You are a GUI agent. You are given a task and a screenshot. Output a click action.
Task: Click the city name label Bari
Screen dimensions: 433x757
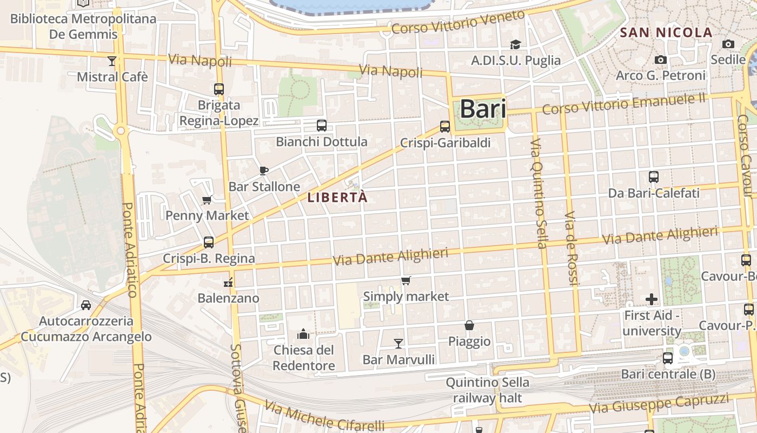coord(483,109)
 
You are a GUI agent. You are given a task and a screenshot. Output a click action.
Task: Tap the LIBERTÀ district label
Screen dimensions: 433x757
coord(337,198)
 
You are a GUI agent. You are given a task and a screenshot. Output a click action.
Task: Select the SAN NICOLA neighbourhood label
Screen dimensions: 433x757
coord(666,32)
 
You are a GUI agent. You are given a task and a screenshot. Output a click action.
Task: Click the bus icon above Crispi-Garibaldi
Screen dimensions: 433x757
coord(445,127)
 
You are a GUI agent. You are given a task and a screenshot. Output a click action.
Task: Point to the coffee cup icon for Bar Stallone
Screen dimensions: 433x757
coord(264,171)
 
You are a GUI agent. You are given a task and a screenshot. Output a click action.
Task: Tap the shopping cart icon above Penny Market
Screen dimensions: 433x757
coord(207,200)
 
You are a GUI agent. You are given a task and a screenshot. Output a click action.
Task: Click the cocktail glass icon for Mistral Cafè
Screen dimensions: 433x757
coord(112,61)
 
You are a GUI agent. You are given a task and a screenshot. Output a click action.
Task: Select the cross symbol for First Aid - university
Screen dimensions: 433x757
coord(652,299)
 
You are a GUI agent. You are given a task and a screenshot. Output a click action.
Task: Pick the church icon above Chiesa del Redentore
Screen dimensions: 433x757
coord(303,334)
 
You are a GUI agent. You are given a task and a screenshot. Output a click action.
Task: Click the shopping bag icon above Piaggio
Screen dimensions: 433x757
coord(469,325)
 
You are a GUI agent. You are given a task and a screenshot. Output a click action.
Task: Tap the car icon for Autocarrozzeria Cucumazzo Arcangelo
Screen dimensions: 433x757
coord(86,305)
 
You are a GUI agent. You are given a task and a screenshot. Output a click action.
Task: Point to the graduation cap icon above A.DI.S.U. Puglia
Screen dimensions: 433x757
coord(515,44)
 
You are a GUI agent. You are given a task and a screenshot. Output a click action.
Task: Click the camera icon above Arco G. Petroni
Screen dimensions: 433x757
coord(660,60)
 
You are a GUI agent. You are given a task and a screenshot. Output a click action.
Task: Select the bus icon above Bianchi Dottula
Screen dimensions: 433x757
coord(322,126)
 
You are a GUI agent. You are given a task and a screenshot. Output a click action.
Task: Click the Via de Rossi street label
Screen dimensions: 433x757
coord(571,248)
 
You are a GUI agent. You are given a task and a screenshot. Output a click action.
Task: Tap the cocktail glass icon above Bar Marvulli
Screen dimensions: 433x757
coord(399,343)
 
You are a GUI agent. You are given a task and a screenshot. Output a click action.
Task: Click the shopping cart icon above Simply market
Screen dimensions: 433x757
coord(406,280)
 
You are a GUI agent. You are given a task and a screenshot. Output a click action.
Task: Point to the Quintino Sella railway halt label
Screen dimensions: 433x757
coord(487,390)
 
